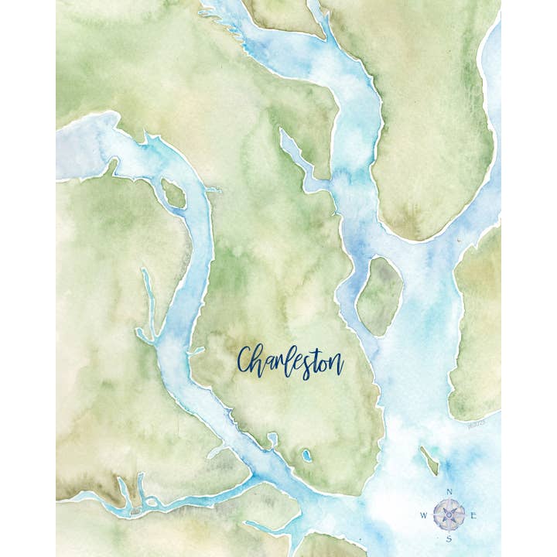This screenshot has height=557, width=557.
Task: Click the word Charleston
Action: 290,361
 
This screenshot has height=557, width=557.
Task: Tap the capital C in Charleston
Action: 247,361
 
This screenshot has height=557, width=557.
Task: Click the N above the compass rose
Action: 449,492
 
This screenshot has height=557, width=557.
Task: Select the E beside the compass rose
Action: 473,516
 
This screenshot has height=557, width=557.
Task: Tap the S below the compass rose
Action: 449,539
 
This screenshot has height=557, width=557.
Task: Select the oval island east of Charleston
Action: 379,296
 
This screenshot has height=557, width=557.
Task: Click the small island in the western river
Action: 174,193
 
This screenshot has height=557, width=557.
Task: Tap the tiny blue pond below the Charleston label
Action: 306,455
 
